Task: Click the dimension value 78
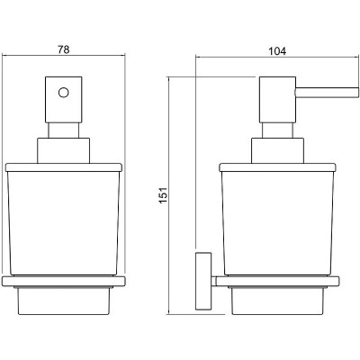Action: [x=63, y=49]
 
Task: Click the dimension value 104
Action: [x=277, y=51]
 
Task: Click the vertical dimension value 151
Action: [x=163, y=195]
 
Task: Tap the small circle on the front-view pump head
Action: [x=64, y=93]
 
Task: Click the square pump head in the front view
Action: [x=64, y=100]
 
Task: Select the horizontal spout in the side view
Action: [x=328, y=92]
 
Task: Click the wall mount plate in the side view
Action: [x=203, y=281]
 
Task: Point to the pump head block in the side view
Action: [x=278, y=100]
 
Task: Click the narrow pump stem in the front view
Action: [x=64, y=130]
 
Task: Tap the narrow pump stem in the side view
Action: [x=278, y=130]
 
